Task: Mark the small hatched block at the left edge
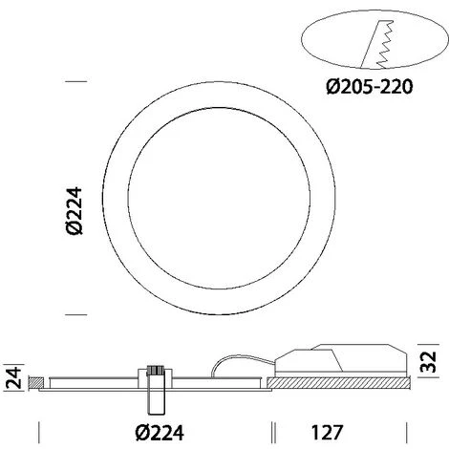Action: pos(35,384)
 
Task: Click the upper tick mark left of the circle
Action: pos(75,84)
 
